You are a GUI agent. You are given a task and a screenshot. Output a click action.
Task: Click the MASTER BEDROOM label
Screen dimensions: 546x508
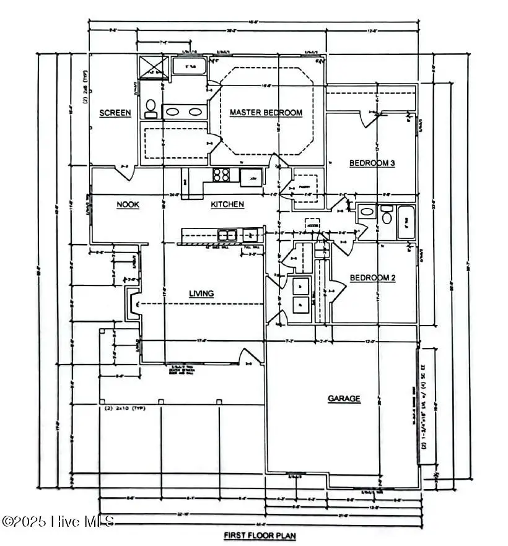click(266, 113)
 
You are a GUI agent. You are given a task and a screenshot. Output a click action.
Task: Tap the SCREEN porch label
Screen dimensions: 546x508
click(115, 113)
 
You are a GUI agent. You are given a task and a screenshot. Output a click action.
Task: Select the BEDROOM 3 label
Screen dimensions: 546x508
click(372, 163)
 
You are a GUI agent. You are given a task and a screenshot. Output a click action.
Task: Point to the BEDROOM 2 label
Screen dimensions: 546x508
click(372, 278)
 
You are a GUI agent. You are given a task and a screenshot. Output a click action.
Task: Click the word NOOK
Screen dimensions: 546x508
click(128, 204)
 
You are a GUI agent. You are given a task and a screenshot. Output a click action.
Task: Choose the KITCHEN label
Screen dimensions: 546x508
click(227, 204)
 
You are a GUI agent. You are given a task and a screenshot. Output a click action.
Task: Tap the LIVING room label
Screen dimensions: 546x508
click(201, 293)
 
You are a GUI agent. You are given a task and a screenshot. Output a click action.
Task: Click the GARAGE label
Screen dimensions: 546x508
click(344, 399)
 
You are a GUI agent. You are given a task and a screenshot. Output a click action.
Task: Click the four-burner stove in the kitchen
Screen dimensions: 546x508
click(221, 175)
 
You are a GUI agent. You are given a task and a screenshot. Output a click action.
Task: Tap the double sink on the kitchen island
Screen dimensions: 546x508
click(227, 235)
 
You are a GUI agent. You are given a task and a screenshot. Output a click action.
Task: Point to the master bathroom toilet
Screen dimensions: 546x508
click(151, 109)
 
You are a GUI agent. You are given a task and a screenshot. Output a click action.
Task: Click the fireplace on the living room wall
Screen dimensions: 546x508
click(133, 304)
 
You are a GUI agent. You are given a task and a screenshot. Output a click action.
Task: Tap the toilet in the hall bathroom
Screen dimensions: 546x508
click(387, 215)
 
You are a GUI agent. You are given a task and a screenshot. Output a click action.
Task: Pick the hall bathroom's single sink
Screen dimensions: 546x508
click(367, 212)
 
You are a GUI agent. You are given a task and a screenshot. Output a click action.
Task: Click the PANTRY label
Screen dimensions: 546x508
click(305, 185)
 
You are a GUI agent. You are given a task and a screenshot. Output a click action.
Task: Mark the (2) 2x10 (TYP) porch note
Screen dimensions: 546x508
click(122, 408)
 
